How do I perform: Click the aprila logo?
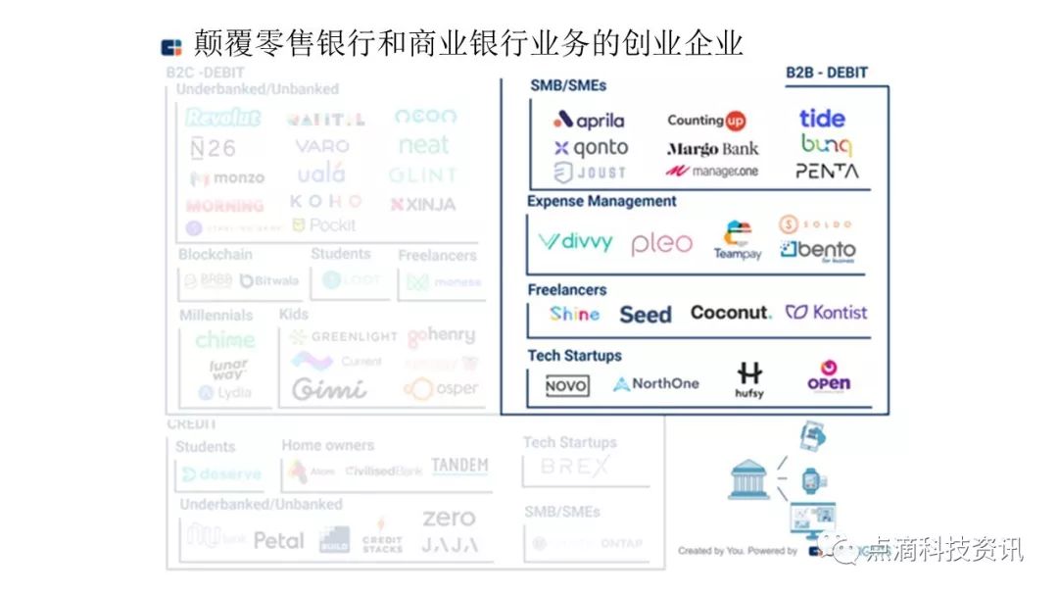tap(589, 121)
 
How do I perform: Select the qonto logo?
tap(591, 149)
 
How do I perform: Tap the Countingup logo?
tap(706, 121)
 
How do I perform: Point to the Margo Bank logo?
tap(712, 149)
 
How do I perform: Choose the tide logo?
tap(822, 119)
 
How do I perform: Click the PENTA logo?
tap(827, 171)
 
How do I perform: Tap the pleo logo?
tap(661, 243)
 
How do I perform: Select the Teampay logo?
tap(738, 241)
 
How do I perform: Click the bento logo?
tap(818, 250)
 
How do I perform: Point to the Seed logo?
tap(645, 315)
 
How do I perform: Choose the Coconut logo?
tap(731, 313)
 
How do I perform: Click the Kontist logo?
tap(827, 313)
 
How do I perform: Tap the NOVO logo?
tap(567, 386)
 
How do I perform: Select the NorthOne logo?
tap(656, 384)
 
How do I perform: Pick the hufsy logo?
tap(749, 380)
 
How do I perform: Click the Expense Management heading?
tap(601, 201)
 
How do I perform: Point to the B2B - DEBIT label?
tap(827, 73)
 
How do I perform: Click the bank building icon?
tap(748, 479)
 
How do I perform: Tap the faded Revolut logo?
tap(223, 119)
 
